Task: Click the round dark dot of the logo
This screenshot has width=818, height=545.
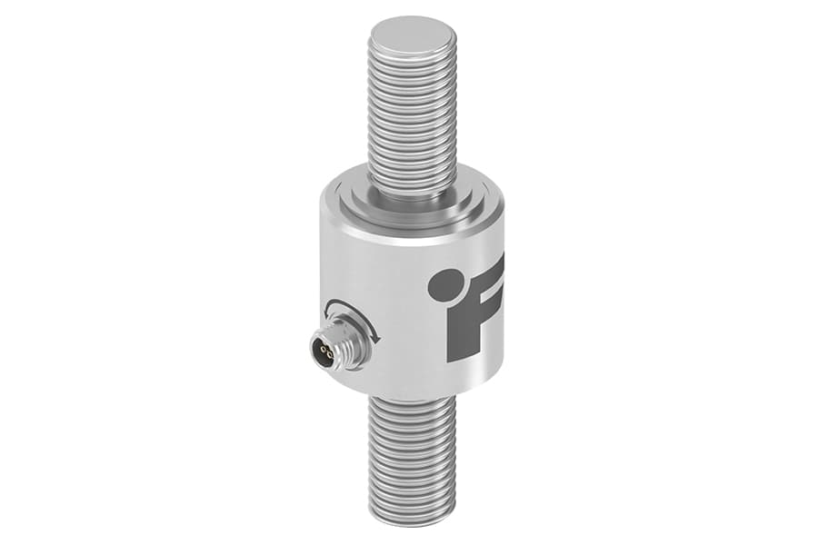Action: (443, 284)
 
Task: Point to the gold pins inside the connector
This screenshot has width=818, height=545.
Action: (326, 348)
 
